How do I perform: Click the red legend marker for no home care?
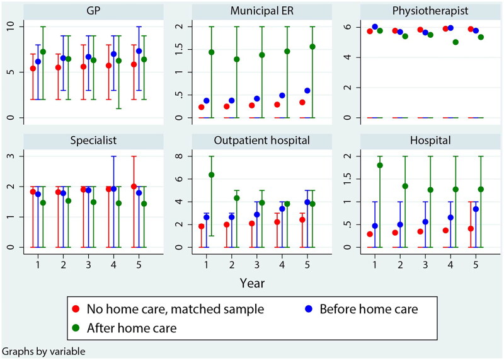pyautogui.click(x=76, y=310)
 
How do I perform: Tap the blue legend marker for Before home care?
pyautogui.click(x=301, y=310)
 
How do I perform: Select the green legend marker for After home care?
pyautogui.click(x=76, y=328)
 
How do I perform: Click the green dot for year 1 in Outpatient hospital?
pyautogui.click(x=212, y=175)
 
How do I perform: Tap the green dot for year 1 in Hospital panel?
pyautogui.click(x=380, y=165)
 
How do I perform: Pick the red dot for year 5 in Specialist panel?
pyautogui.click(x=134, y=187)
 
